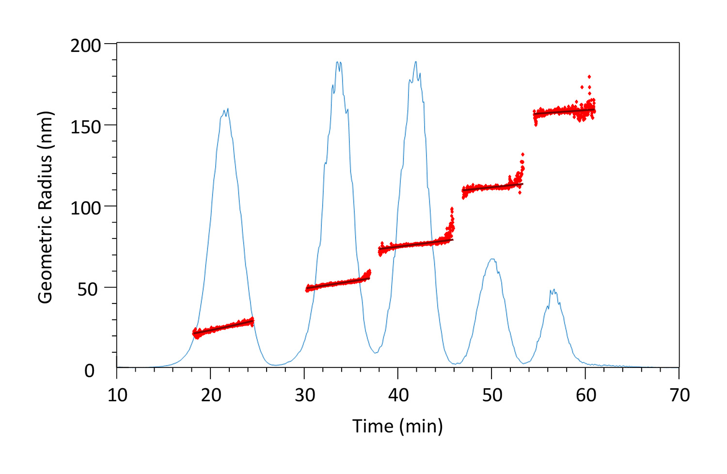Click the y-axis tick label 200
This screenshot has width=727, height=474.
[x=86, y=46]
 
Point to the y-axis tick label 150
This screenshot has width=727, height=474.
[x=86, y=127]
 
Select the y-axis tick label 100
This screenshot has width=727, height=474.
[x=86, y=208]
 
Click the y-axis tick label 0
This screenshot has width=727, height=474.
[x=90, y=371]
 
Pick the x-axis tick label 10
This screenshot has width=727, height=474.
[x=117, y=395]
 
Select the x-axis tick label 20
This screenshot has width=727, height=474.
[x=211, y=395]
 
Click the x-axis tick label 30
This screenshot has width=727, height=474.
[x=305, y=395]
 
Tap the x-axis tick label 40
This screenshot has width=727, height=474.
[x=398, y=395]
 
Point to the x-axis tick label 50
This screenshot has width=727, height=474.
[x=492, y=395]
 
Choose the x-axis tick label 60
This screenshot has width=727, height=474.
[x=585, y=395]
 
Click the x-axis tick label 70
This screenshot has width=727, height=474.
[x=680, y=395]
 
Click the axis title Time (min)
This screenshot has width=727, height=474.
[x=397, y=427]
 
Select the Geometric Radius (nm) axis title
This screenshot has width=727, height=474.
[x=46, y=207]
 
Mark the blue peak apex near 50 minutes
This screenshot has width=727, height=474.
[x=492, y=259]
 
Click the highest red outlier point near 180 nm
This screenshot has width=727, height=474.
[x=589, y=77]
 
